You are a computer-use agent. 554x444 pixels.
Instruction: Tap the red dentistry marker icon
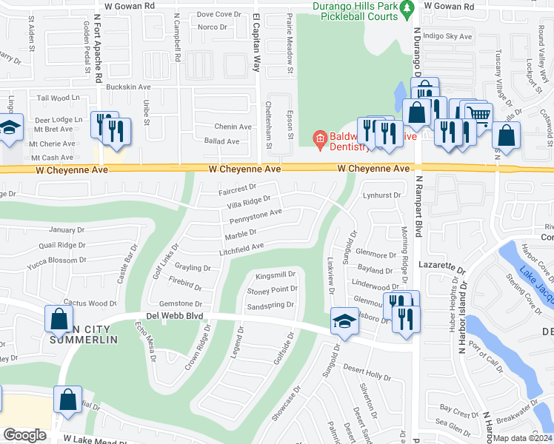pyautogui.click(x=320, y=138)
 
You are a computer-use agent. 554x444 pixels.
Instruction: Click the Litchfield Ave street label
pyautogui.click(x=241, y=249)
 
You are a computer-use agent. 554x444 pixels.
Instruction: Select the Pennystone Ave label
pyautogui.click(x=256, y=216)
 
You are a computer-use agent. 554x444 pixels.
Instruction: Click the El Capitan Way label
pyautogui.click(x=256, y=42)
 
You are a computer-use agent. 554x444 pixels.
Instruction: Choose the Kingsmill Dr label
pyautogui.click(x=276, y=275)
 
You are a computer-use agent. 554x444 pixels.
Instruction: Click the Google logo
pyautogui.click(x=24, y=434)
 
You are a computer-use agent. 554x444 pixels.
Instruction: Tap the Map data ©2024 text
pyautogui.click(x=523, y=438)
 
